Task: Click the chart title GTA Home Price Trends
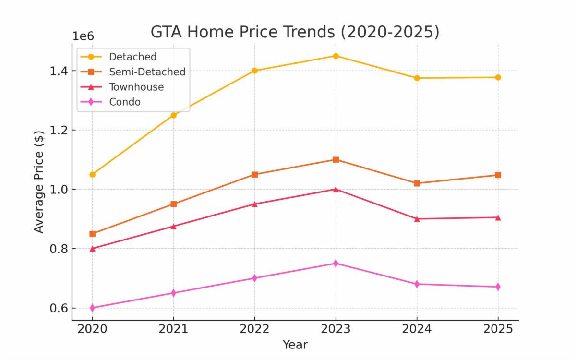(295, 32)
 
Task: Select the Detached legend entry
(132, 57)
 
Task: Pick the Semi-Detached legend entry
(147, 72)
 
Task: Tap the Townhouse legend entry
(136, 87)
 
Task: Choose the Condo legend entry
(124, 102)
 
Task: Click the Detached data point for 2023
(336, 56)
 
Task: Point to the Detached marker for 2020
(92, 174)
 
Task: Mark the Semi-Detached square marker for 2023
(336, 159)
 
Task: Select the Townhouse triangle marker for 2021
(173, 226)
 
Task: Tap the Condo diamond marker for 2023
(336, 263)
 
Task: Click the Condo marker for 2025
(498, 287)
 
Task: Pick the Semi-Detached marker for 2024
(417, 183)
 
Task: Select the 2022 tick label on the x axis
(254, 329)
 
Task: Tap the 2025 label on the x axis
(498, 329)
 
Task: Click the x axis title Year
(295, 345)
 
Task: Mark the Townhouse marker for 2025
(498, 217)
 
